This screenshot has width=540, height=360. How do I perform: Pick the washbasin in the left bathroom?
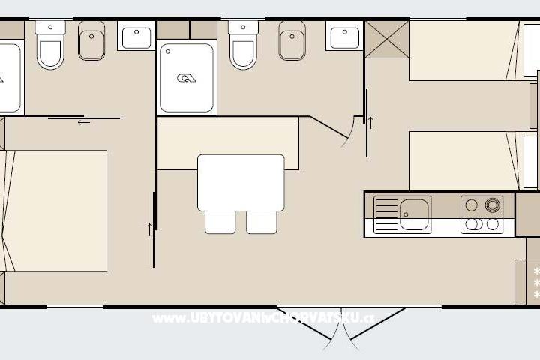[x=136, y=36]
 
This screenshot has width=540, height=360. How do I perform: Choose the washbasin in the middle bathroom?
[x=344, y=36]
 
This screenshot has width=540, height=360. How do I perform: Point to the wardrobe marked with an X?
[x=387, y=39]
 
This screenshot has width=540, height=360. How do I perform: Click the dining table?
[x=241, y=182]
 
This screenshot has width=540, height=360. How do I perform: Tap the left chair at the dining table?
[x=220, y=222]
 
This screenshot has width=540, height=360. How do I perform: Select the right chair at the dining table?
[x=262, y=222]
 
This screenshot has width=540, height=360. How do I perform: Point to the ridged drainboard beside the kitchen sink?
[x=386, y=215]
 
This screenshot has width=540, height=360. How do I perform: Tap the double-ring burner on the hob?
[x=493, y=205]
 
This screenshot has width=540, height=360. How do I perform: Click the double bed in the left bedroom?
[x=56, y=210]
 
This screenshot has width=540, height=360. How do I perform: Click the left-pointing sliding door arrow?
[x=83, y=122]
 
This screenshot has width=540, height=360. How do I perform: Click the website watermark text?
[x=262, y=318]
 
